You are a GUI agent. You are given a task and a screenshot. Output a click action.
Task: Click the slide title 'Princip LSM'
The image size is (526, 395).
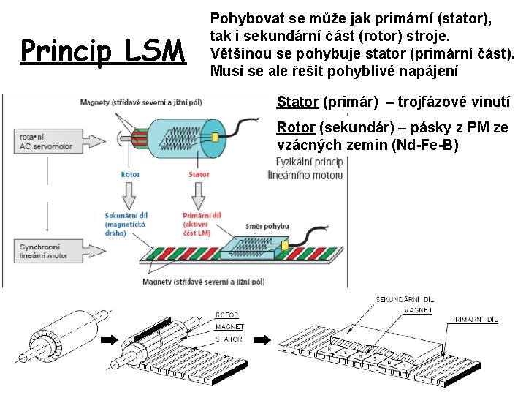(x=104, y=51)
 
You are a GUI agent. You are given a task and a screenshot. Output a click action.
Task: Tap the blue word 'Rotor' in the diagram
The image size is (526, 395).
(x=130, y=174)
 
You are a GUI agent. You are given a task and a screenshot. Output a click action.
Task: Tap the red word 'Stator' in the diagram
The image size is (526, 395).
(x=199, y=174)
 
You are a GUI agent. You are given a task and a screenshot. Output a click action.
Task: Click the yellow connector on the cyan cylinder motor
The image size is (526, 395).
(x=216, y=137)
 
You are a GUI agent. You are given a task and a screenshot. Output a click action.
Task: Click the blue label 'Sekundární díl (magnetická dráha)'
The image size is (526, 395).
(x=126, y=225)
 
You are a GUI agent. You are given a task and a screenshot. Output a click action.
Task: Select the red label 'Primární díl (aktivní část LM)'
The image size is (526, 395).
(x=202, y=225)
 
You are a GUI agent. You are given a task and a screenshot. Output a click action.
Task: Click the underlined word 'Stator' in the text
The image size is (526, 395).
(x=297, y=102)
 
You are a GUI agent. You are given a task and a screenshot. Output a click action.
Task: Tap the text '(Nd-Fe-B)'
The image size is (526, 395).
(x=425, y=145)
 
